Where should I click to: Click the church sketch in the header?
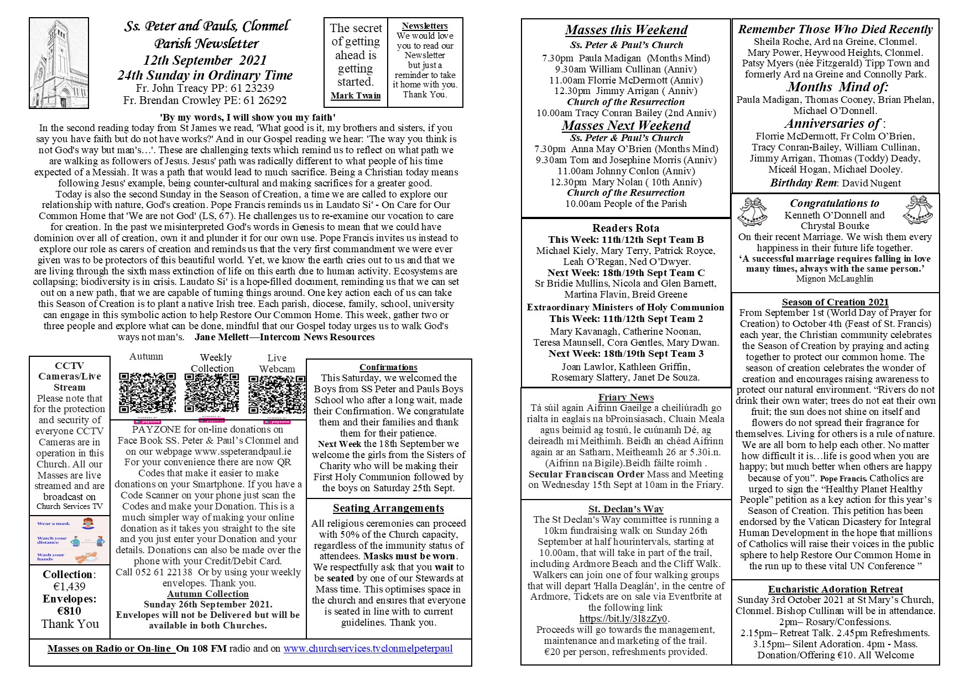pyautogui.click(x=59, y=63)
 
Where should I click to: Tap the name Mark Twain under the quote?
pyautogui.click(x=356, y=96)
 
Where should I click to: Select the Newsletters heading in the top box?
pyautogui.click(x=425, y=26)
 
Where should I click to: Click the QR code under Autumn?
pyautogui.click(x=147, y=393)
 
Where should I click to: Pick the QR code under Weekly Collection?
pyautogui.click(x=212, y=393)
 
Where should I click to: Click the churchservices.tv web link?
pyautogui.click(x=368, y=648)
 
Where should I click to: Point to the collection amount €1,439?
pyautogui.click(x=70, y=587)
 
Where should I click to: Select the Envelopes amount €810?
pyautogui.click(x=70, y=611)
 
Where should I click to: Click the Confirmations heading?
pyautogui.click(x=388, y=367)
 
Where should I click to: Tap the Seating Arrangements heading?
pyautogui.click(x=388, y=508)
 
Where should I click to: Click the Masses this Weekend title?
pyautogui.click(x=626, y=30)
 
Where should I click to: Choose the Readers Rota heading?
pyautogui.click(x=625, y=228)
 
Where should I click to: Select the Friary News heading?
pyautogui.click(x=626, y=397)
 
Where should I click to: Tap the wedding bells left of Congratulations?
pyautogui.click(x=753, y=212)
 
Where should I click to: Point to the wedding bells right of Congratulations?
pyautogui.click(x=917, y=210)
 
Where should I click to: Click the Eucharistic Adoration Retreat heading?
pyautogui.click(x=835, y=590)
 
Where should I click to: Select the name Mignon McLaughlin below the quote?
pyautogui.click(x=835, y=279)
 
